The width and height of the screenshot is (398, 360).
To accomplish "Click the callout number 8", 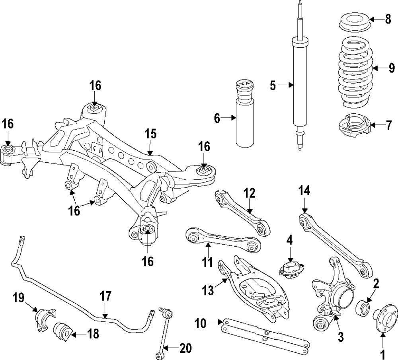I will click(388, 19).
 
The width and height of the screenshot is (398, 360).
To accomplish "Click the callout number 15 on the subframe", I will click(151, 133).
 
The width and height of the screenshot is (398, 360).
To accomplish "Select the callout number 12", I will click(249, 194).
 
